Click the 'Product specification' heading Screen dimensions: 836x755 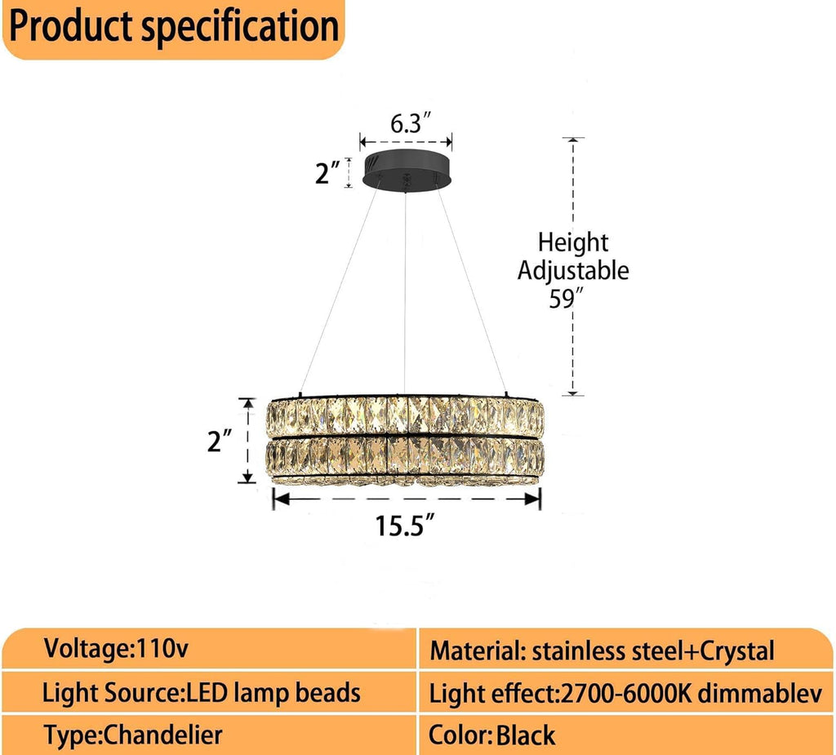tap(174, 26)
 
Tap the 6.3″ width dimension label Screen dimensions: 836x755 tap(410, 123)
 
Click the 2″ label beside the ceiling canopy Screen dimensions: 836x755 tap(327, 173)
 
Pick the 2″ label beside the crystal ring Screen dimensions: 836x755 tap(220, 441)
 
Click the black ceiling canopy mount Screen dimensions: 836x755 tap(407, 170)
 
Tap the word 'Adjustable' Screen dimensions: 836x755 tap(573, 271)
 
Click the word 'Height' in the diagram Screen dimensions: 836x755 tap(572, 242)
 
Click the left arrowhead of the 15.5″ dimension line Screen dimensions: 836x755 tap(281, 499)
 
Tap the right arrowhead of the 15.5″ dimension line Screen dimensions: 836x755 tap(532, 499)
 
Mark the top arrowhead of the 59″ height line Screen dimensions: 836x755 tap(572, 141)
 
